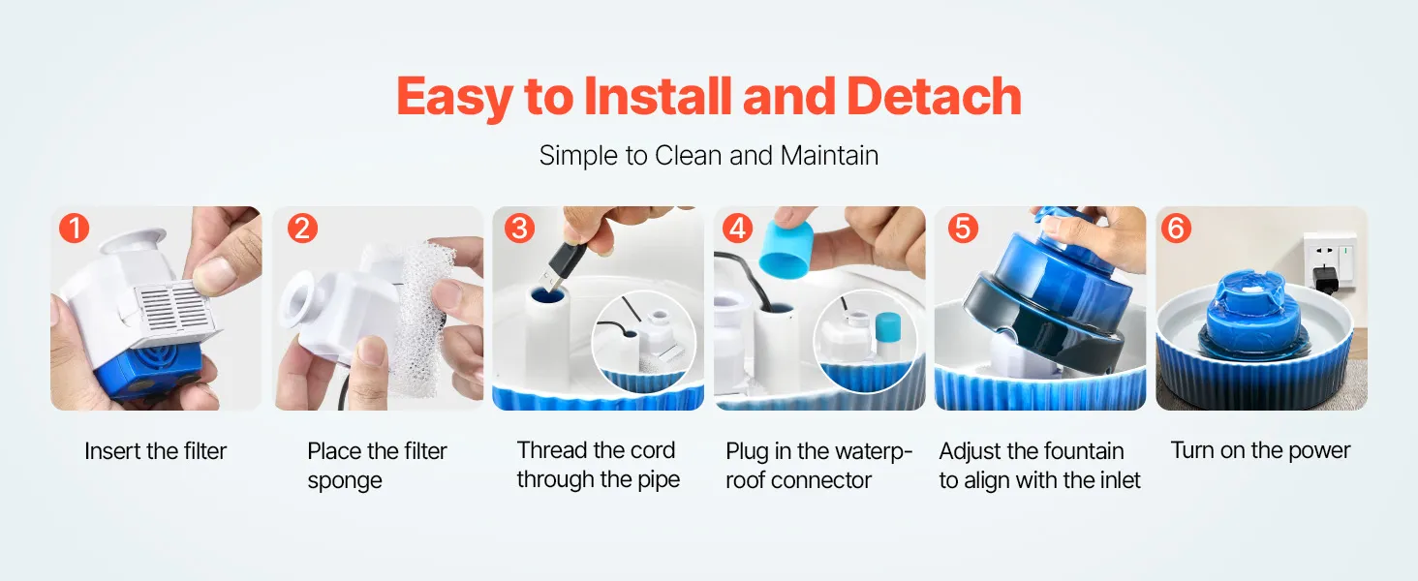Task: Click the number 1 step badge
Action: (74, 229)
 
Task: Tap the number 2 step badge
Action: (302, 229)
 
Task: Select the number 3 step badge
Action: (520, 229)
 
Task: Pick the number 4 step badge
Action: (737, 229)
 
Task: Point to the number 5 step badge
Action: (963, 229)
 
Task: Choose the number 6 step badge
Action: (1176, 229)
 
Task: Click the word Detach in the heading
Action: (934, 96)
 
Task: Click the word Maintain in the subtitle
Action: (829, 156)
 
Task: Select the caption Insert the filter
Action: (156, 451)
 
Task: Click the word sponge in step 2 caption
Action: (345, 481)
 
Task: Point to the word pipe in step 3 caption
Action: (659, 479)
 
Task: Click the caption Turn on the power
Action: (1260, 450)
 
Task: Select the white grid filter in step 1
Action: (177, 310)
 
